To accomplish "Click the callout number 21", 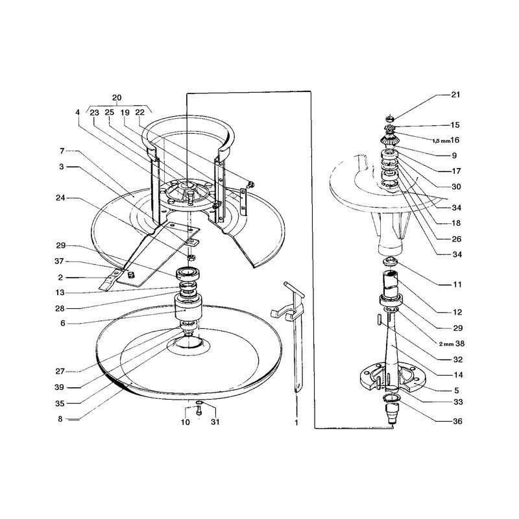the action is [x=455, y=95].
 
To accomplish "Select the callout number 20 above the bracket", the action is [x=117, y=98].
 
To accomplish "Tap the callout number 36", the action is [x=457, y=421].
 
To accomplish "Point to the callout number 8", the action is [x=60, y=419].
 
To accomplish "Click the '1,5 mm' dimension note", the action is [x=441, y=141].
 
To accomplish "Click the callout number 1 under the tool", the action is [x=296, y=423].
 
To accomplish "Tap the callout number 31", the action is [x=215, y=422].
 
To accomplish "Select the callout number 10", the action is [x=185, y=422].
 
